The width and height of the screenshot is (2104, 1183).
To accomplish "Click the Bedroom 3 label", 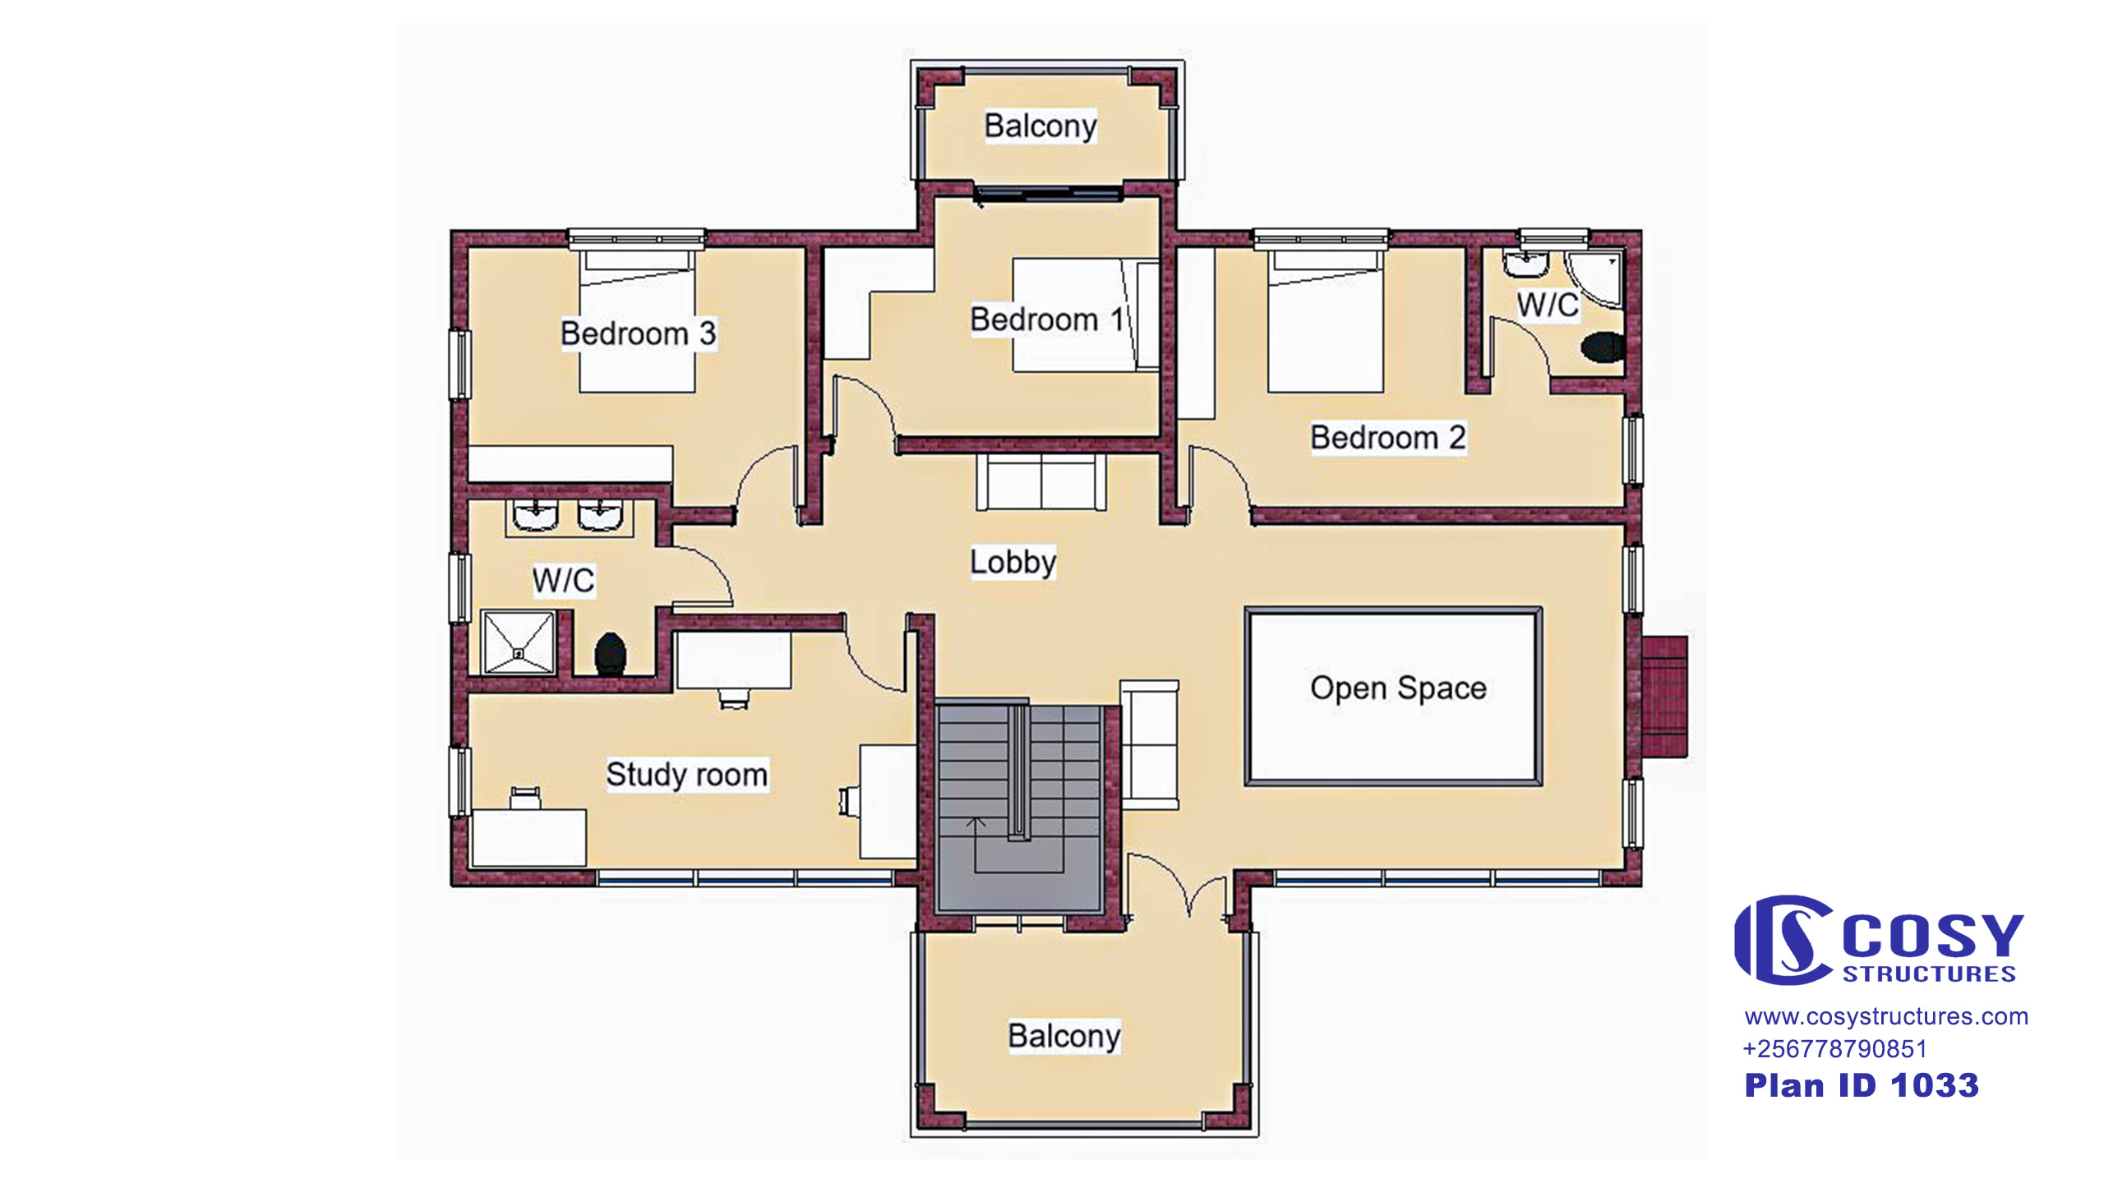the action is [x=638, y=334].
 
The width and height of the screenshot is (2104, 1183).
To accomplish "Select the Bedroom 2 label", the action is [x=1388, y=438].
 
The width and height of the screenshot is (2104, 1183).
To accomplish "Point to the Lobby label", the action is [x=1013, y=563].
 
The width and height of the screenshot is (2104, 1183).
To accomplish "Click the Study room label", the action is [x=687, y=775].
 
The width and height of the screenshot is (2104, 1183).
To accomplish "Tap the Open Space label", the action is [x=1398, y=688].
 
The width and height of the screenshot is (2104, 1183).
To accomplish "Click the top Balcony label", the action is [x=1040, y=127].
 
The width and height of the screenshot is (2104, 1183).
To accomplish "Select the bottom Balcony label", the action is [x=1064, y=1036].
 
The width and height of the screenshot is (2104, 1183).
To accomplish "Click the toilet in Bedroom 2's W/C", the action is [x=1603, y=347].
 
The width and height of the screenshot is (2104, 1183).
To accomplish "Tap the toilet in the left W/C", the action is [x=611, y=654].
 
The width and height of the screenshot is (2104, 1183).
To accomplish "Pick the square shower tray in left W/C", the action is [x=519, y=642].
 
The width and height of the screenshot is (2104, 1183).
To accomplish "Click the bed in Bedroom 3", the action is [x=638, y=321].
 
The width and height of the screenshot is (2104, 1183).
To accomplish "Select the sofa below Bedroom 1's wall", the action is [x=1041, y=481].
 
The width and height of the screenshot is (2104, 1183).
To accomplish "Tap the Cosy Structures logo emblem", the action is [x=1783, y=940].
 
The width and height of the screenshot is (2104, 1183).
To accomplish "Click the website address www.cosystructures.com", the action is [x=1886, y=1017].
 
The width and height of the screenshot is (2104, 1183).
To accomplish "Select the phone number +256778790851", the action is [x=1834, y=1049].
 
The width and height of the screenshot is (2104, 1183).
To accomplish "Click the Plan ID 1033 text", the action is [x=1862, y=1085].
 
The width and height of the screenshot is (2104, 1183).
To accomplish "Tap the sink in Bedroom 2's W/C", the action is [x=1526, y=265].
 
